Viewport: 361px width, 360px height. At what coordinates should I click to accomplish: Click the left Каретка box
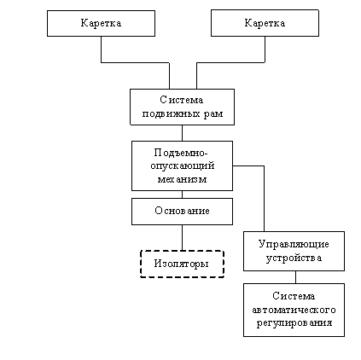pyautogui.click(x=101, y=23)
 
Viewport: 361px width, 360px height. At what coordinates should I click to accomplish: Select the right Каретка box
pyautogui.click(x=265, y=23)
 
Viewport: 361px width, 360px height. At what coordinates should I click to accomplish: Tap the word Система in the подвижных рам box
pyautogui.click(x=182, y=100)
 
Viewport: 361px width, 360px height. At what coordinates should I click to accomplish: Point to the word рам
pyautogui.click(x=213, y=114)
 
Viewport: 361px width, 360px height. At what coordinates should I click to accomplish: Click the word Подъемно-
pyautogui.click(x=181, y=153)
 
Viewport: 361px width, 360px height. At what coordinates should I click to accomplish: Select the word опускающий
pyautogui.click(x=183, y=166)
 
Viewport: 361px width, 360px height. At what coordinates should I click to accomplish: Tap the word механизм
pyautogui.click(x=182, y=179)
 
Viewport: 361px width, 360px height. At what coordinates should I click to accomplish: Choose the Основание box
pyautogui.click(x=182, y=212)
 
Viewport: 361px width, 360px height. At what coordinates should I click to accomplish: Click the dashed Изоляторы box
pyautogui.click(x=183, y=264)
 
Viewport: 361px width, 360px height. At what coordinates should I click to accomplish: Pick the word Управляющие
pyautogui.click(x=294, y=245)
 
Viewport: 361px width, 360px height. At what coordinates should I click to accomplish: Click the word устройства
pyautogui.click(x=294, y=258)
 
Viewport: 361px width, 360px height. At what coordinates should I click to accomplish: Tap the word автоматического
pyautogui.click(x=294, y=310)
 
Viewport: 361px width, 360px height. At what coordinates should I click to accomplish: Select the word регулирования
pyautogui.click(x=294, y=323)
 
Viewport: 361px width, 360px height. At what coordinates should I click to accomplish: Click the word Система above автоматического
pyautogui.click(x=294, y=296)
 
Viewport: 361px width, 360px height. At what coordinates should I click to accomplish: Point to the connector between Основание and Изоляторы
pyautogui.click(x=182, y=238)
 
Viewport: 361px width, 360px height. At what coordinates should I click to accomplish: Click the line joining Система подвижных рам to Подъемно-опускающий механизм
pyautogui.click(x=182, y=133)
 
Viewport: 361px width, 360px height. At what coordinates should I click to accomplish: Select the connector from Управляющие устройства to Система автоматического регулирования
pyautogui.click(x=295, y=277)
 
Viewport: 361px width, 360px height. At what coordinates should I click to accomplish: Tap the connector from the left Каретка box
pyautogui.click(x=136, y=62)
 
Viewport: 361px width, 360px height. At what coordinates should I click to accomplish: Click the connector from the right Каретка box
pyautogui.click(x=230, y=62)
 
